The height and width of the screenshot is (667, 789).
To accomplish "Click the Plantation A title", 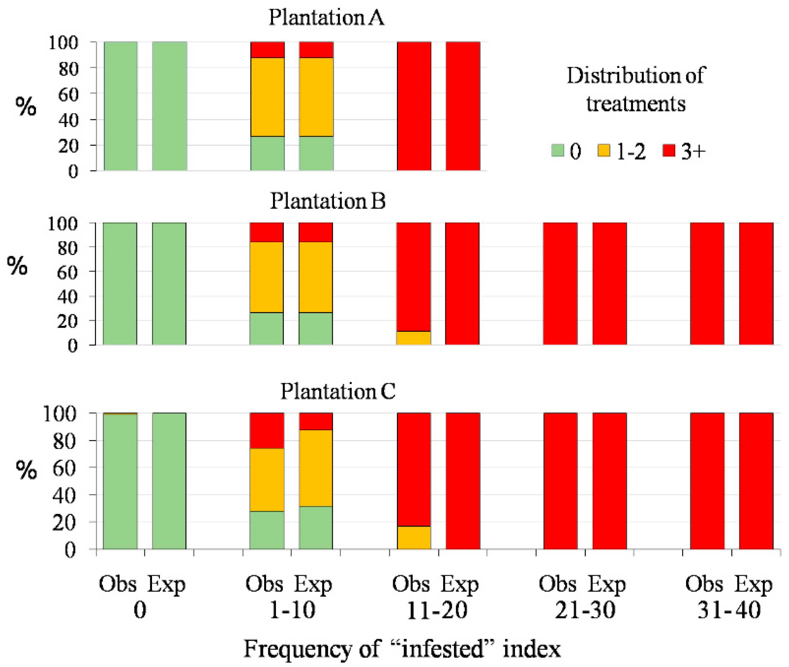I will [326, 17].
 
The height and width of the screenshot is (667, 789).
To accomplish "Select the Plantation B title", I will [327, 201].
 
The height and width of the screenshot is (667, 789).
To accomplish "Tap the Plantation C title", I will [337, 391].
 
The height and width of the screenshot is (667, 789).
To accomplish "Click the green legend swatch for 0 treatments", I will [558, 151].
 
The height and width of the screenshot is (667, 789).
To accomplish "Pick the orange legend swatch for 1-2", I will [604, 151].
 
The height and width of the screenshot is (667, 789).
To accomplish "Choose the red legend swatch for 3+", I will [669, 151].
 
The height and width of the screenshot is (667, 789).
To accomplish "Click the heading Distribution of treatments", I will [636, 89].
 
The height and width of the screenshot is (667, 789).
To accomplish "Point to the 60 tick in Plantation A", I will [68, 94].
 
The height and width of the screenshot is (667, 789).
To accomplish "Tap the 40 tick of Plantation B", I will [67, 296].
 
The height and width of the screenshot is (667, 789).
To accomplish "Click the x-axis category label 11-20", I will [437, 610].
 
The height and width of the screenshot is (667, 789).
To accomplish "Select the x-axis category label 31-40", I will [729, 610].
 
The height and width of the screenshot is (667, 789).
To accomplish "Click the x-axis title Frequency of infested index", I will [402, 649].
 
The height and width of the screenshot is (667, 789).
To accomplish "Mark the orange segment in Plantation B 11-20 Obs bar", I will [413, 338].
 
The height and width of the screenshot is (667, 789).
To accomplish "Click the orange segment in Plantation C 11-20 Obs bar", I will [414, 537].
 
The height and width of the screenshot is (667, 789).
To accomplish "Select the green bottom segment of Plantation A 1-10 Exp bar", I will [316, 153].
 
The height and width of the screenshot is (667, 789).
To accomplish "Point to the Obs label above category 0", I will [117, 584].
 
